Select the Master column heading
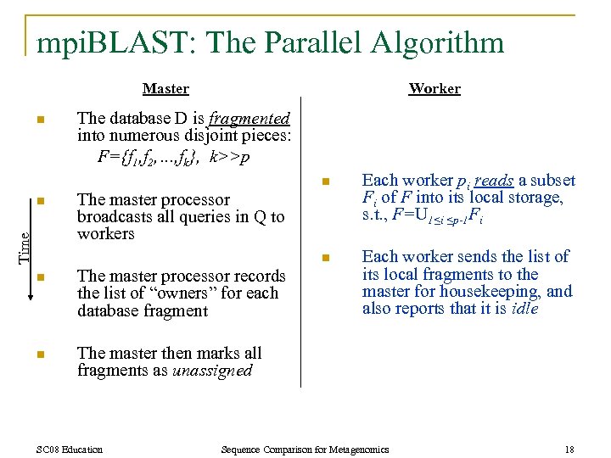click(x=165, y=88)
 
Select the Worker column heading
click(x=434, y=88)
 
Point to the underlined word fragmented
click(x=250, y=119)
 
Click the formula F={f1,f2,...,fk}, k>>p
click(x=174, y=157)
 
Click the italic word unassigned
click(x=212, y=371)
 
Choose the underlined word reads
click(x=495, y=180)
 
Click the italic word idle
click(x=524, y=309)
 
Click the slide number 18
click(x=568, y=449)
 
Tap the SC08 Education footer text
click(x=70, y=449)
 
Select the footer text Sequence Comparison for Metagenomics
click(x=304, y=449)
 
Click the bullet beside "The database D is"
click(x=40, y=120)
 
